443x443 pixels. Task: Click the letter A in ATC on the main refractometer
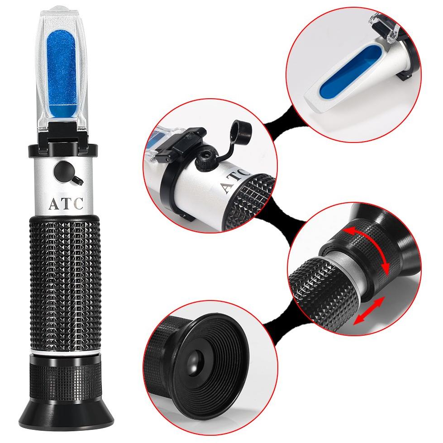coord(54,204)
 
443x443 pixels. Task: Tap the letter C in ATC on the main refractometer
coord(78,204)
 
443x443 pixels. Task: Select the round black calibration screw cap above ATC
coord(63,171)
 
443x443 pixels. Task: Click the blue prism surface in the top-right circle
coord(350,71)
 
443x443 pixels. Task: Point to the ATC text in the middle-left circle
coord(235,180)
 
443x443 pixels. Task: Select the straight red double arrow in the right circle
coord(369,310)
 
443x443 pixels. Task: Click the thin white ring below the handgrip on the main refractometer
coord(65,352)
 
